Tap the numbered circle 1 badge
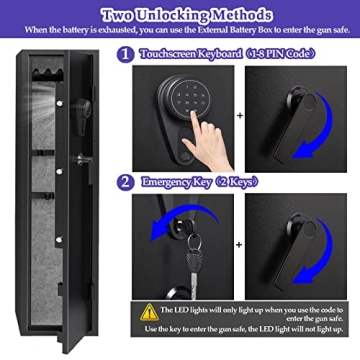pyautogui.click(x=125, y=57)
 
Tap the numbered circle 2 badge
pyautogui.click(x=125, y=183)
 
